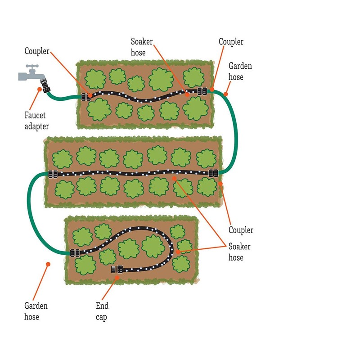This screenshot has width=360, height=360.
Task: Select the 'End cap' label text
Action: click(x=102, y=311)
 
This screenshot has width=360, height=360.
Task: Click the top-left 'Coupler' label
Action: click(x=37, y=51)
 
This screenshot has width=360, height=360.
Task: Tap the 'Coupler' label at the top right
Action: click(x=231, y=42)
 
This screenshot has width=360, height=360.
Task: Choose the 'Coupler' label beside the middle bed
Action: click(x=241, y=230)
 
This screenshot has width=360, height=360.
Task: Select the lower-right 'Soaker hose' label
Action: click(x=239, y=252)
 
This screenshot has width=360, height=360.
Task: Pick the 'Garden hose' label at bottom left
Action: click(x=36, y=311)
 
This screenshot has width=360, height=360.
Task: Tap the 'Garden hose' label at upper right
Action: click(x=240, y=72)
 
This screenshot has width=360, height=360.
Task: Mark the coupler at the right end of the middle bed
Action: click(x=213, y=172)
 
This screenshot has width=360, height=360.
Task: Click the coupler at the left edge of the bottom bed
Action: click(x=74, y=252)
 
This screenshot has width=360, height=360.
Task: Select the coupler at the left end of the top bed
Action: click(x=85, y=96)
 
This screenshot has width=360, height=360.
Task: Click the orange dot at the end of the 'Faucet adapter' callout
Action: click(x=40, y=90)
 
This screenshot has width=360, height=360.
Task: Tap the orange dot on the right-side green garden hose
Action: click(x=226, y=95)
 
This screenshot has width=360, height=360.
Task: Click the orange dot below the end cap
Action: click(x=117, y=278)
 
